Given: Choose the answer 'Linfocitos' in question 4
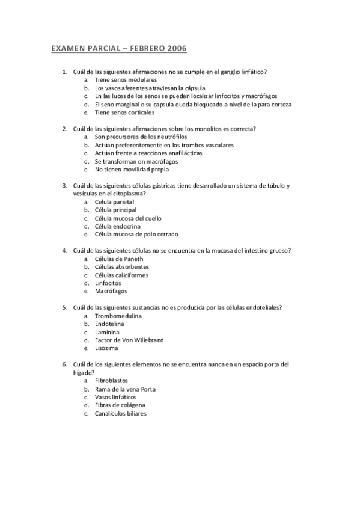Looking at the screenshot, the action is pos(108,283).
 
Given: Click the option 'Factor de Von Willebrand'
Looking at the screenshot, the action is pos(129,340).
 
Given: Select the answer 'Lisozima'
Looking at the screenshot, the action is pos(106,348).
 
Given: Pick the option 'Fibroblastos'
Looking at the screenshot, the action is pos(112,381).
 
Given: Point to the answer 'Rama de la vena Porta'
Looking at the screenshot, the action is pos(125,389).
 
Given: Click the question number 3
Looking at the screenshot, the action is pos(64,186).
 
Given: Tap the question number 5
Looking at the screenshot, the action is pos(64,307).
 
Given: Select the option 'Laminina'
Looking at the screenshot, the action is pos(107,331).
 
